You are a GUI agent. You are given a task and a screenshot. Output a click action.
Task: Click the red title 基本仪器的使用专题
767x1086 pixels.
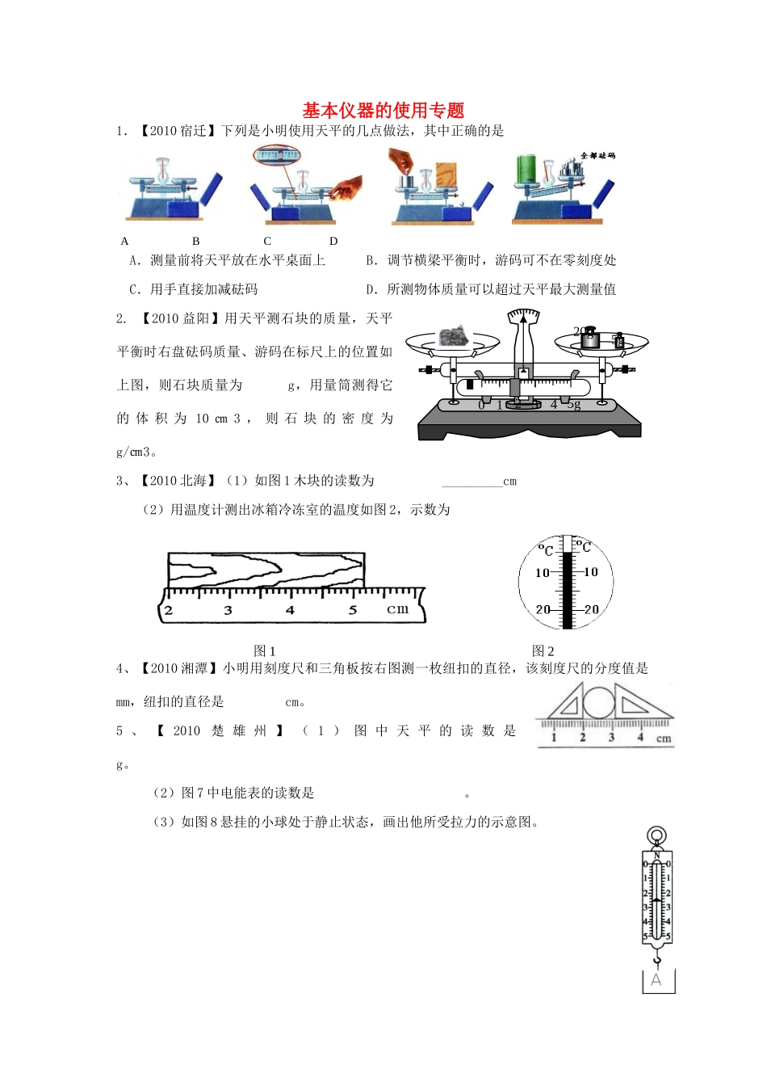click(383, 110)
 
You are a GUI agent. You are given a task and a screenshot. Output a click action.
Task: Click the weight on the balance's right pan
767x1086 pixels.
click(590, 338)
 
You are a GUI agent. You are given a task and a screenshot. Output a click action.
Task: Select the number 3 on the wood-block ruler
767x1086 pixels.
click(228, 610)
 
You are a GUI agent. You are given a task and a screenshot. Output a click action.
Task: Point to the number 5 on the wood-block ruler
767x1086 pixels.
click(353, 610)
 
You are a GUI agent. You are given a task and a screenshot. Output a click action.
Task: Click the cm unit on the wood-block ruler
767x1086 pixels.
click(397, 608)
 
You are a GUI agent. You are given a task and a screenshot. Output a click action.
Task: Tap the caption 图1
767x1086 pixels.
click(265, 650)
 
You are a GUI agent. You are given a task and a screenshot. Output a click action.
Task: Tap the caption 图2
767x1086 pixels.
click(543, 650)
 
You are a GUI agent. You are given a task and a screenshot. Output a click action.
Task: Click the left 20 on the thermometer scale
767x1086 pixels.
click(543, 609)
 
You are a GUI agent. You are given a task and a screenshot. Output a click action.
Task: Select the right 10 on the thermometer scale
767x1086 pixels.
click(591, 572)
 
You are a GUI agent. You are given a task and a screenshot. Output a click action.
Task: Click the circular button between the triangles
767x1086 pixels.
click(598, 703)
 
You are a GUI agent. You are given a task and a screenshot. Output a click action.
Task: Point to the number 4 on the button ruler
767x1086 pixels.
click(640, 737)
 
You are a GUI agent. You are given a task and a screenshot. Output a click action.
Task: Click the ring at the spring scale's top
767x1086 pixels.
click(657, 836)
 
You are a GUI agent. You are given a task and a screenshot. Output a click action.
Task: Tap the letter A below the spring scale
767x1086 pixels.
click(656, 980)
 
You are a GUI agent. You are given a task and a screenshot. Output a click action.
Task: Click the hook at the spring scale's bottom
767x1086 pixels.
click(657, 959)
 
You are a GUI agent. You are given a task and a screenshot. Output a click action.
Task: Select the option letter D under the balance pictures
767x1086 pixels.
click(333, 241)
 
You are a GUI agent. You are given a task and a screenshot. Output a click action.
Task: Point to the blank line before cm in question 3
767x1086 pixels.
click(472, 482)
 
